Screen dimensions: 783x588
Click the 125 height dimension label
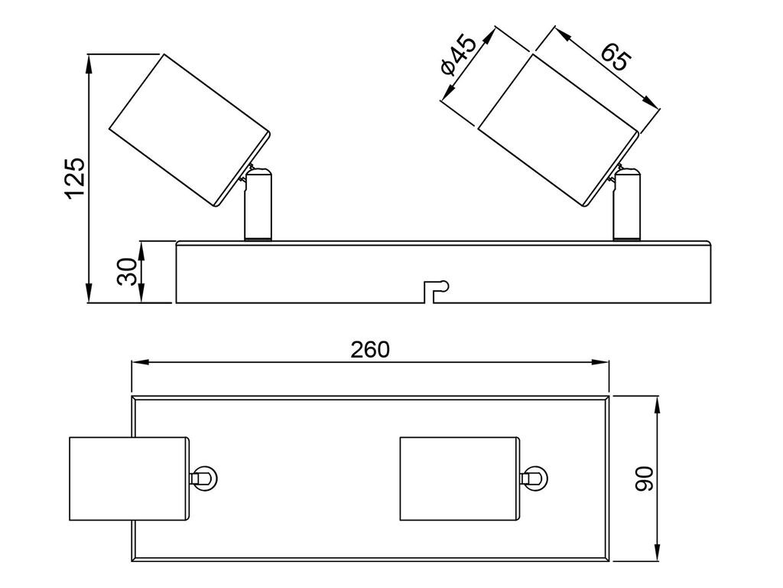(76, 178)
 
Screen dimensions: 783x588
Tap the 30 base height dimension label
(127, 272)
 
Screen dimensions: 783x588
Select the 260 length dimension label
(369, 349)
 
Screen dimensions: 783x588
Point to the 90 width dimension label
(644, 479)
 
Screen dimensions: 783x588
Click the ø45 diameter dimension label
(458, 54)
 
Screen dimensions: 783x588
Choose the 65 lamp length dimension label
(616, 57)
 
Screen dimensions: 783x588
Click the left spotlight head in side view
(190, 130)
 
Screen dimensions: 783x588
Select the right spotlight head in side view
(559, 130)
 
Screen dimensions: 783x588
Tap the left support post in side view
(258, 205)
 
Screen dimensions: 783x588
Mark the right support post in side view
(627, 205)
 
